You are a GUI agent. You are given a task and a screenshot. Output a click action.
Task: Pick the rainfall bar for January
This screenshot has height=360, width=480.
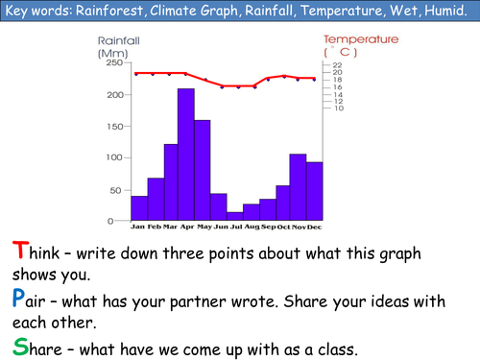(x=139, y=208)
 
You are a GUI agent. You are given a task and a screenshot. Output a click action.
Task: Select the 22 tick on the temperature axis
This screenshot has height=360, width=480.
(x=338, y=65)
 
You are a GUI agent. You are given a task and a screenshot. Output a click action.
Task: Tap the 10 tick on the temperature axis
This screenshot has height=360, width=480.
(x=338, y=108)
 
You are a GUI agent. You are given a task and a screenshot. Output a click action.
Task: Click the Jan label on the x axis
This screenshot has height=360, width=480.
(x=138, y=228)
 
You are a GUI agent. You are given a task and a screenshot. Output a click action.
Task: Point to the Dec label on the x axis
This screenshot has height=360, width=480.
(x=313, y=228)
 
